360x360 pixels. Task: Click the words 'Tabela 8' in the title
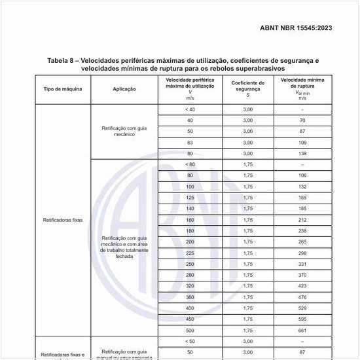(x=64, y=60)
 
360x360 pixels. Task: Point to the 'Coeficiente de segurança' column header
(x=248, y=88)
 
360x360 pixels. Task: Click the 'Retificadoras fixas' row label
(x=63, y=220)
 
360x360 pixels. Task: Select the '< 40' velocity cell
(x=190, y=109)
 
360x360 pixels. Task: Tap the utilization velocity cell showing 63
(x=190, y=142)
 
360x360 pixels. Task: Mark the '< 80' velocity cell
(x=190, y=164)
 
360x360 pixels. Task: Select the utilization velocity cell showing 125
(x=190, y=197)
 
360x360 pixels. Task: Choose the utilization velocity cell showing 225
(x=190, y=253)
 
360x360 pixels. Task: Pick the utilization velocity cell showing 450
(x=190, y=319)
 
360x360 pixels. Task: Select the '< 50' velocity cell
(x=190, y=341)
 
